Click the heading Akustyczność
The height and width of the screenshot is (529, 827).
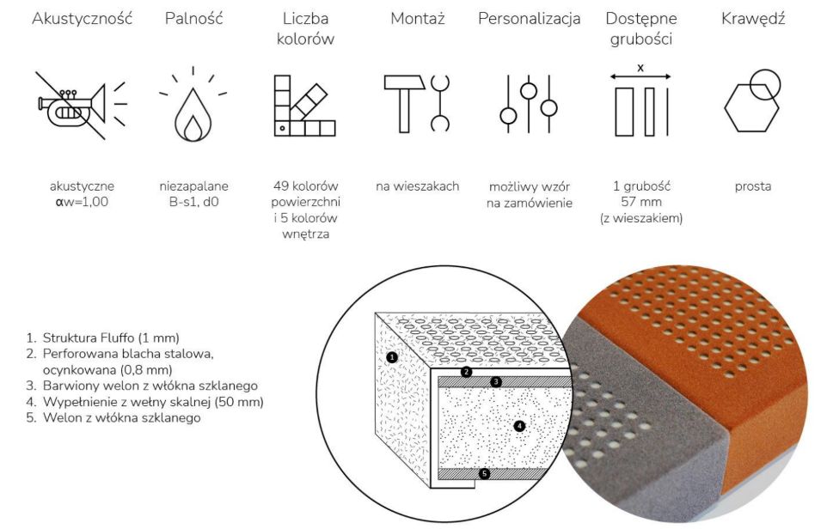[x=82, y=19]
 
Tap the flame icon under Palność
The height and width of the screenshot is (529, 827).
[x=193, y=115]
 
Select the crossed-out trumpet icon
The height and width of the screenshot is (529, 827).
[x=81, y=106]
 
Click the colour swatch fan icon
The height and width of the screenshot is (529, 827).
[x=305, y=106]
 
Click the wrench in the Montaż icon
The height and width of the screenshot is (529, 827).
[x=440, y=103]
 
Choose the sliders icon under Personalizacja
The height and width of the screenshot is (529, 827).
[x=529, y=104]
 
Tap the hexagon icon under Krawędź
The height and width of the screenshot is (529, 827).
[x=751, y=107]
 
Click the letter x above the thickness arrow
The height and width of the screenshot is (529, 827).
[x=640, y=68]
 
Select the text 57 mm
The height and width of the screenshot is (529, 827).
[x=640, y=202]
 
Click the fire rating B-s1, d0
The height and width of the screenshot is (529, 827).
[x=193, y=202]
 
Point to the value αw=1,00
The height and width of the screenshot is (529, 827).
[x=82, y=202]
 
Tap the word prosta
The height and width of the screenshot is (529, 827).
[x=752, y=186]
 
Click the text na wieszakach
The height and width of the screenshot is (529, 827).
[x=417, y=186]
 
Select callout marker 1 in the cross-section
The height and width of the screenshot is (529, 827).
[x=391, y=357]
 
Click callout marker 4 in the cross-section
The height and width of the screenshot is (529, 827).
[x=519, y=425]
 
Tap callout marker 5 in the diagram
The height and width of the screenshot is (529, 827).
[x=484, y=473]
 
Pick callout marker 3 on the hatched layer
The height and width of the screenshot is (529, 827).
[x=496, y=381]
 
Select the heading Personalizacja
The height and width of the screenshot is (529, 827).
[x=529, y=19]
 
